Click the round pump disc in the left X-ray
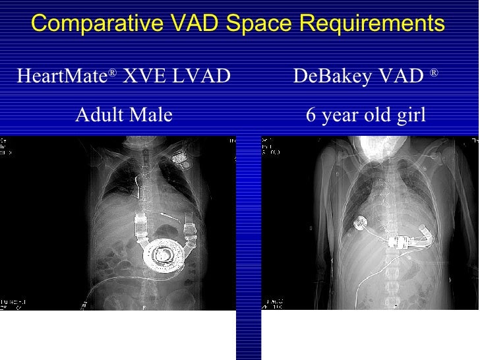165,254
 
